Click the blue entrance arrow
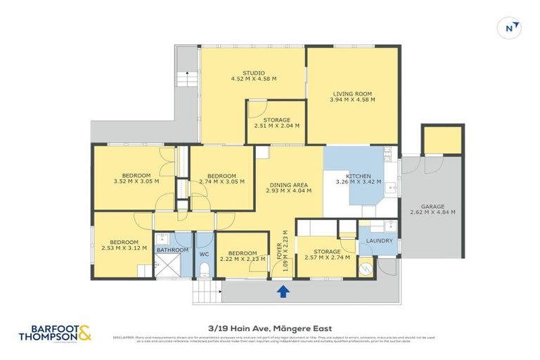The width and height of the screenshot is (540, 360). coord(283,291)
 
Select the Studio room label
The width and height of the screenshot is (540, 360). coord(253,75)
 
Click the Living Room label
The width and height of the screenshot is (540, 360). coord(352,96)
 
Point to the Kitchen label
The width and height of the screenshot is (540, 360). coord(358,179)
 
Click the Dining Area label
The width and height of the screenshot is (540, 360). coord(289,188)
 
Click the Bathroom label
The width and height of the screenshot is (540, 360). coord(172,250)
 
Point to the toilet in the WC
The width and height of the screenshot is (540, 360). coord(205,269)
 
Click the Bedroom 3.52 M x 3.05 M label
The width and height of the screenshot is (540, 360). coord(136,179)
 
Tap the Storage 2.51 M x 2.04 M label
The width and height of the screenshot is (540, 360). coord(276,122)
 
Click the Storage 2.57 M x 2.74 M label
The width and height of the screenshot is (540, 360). coord(327,255)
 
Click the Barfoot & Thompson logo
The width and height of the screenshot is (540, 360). coord(56,333)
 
